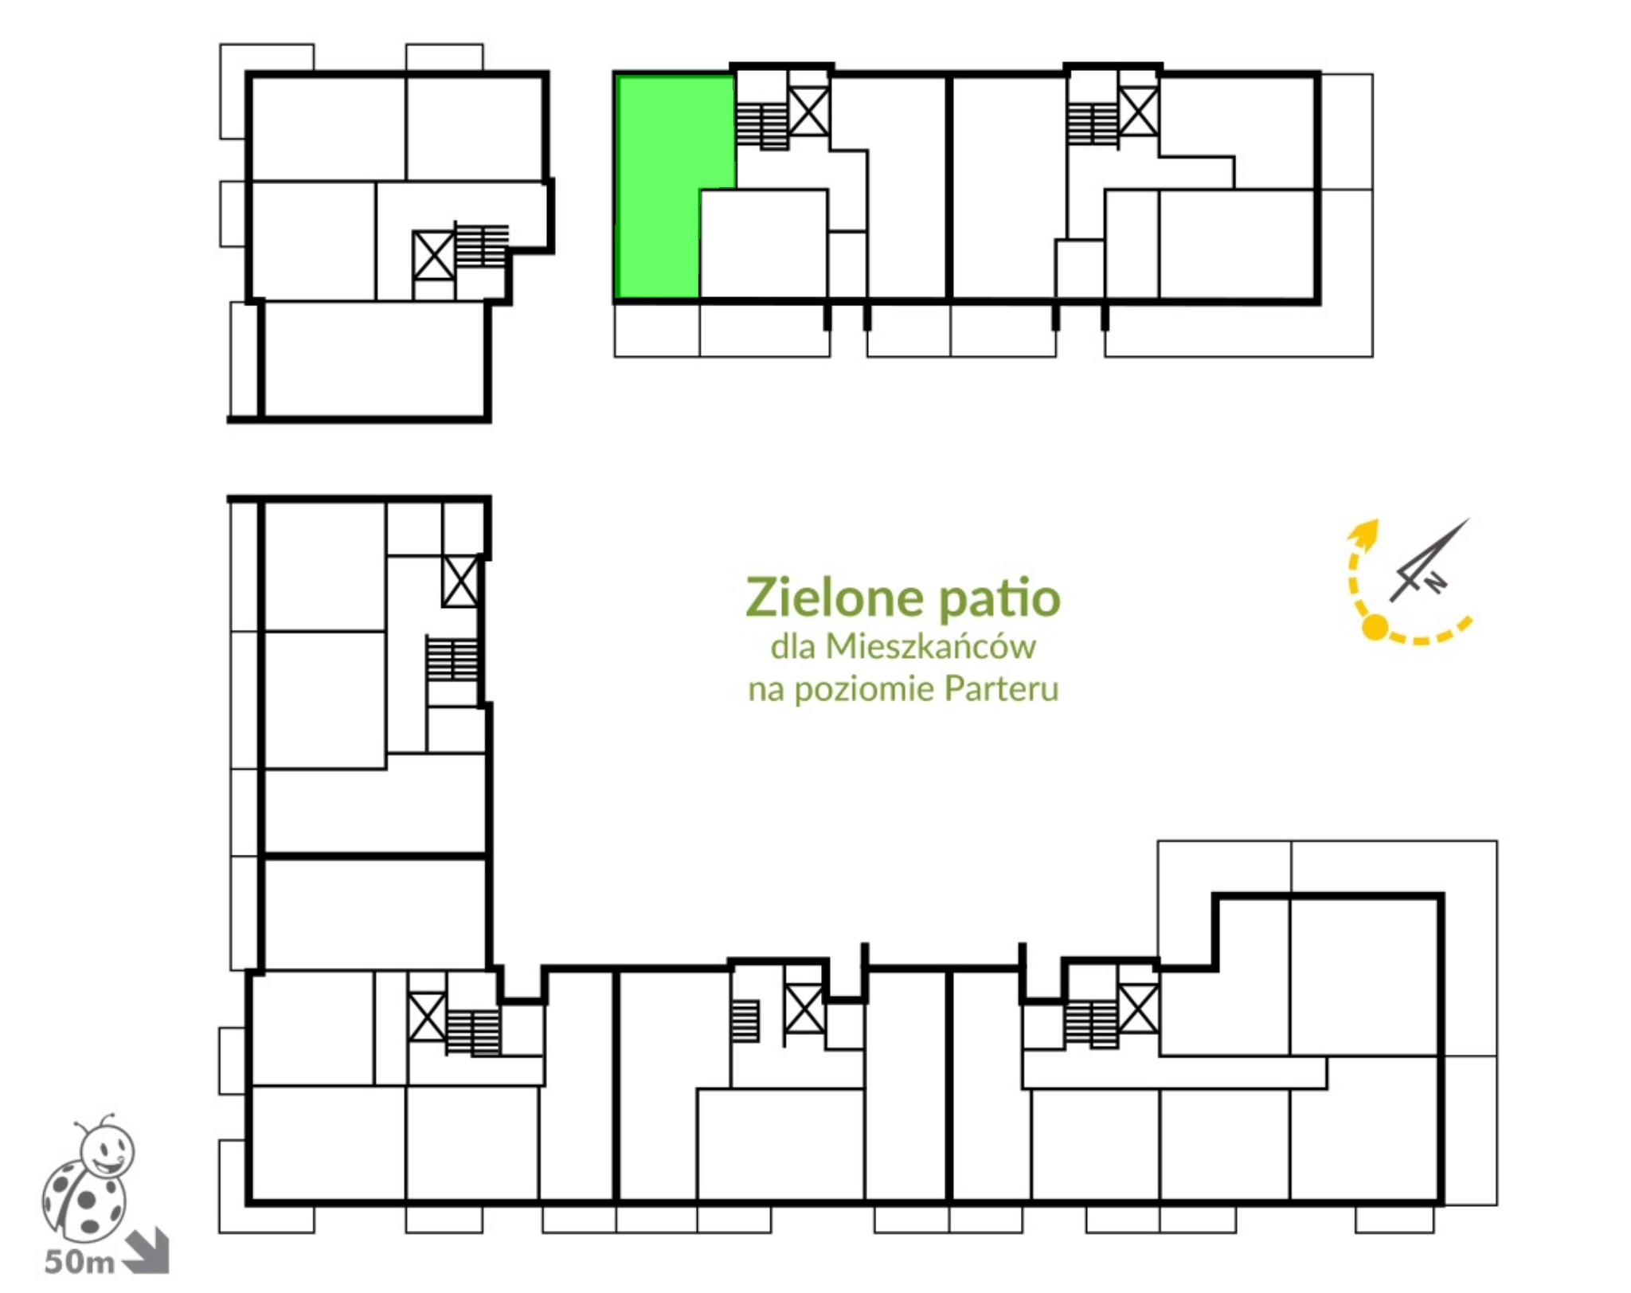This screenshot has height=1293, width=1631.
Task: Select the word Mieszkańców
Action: pos(930,646)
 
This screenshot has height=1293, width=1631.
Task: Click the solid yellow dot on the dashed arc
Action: pos(1375,628)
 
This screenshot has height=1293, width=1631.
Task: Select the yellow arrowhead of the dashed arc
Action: pos(1367,534)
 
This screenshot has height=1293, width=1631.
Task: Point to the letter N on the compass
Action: pos(1434,583)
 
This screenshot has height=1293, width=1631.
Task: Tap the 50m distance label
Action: pos(79,1262)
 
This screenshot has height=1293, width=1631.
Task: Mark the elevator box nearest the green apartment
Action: pos(808,112)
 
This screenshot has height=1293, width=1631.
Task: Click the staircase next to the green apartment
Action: pos(762,126)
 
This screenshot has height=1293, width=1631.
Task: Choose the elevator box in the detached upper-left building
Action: pos(434,256)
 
